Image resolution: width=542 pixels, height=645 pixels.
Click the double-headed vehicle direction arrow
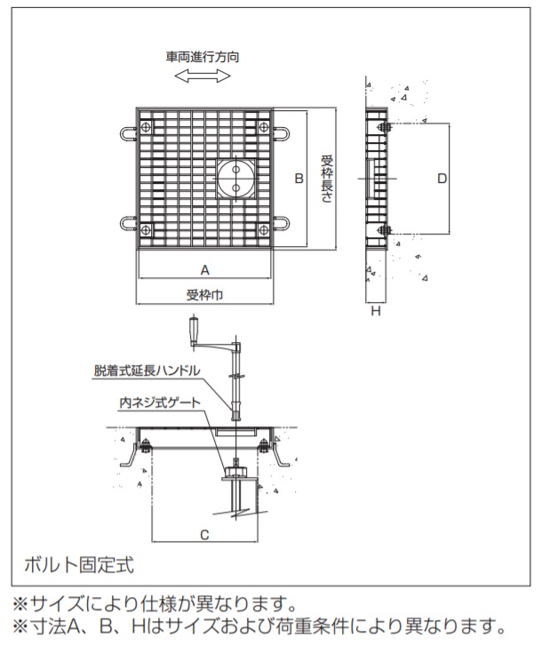203,76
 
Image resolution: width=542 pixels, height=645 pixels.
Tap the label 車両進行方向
203,57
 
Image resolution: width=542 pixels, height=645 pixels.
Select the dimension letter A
205,270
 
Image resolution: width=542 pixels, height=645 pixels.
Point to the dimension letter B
299,179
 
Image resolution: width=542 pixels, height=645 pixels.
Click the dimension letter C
204,535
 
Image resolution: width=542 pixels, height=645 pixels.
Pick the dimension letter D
442,179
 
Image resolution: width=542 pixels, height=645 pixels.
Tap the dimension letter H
376,311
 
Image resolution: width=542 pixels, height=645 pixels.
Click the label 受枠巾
204,295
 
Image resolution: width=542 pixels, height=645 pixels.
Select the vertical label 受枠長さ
327,179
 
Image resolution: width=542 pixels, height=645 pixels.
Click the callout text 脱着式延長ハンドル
147,370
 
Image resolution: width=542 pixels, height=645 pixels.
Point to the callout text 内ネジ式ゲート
160,402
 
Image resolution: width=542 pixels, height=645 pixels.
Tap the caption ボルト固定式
79,565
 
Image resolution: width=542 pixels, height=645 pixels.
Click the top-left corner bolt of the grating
146,127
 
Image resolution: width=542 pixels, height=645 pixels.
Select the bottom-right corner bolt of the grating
263,230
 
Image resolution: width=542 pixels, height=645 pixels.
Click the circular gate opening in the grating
235,179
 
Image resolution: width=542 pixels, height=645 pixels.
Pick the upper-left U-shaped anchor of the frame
128,133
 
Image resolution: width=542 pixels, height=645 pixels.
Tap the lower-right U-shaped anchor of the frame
282,223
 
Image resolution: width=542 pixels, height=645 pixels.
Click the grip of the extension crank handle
193,330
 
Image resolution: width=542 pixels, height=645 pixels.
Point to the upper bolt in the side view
384,127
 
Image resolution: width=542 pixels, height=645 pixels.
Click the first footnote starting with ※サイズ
155,604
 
